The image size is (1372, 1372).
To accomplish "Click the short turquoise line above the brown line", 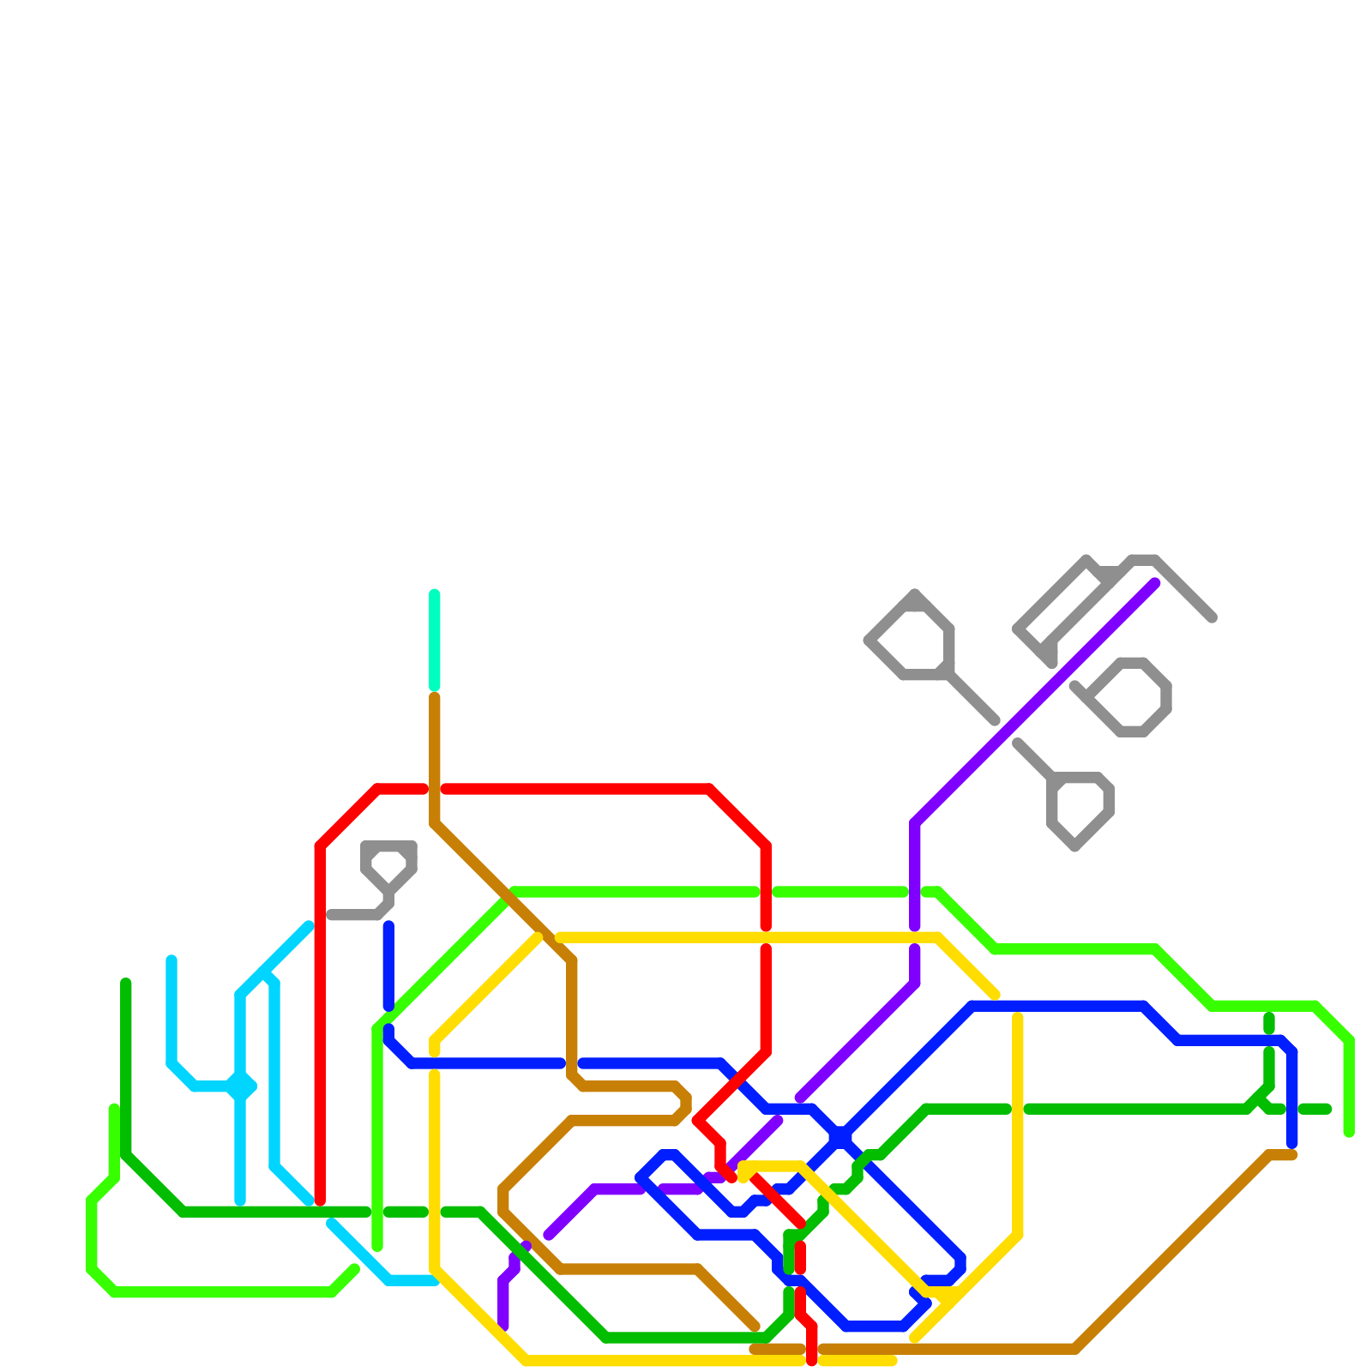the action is click(435, 640).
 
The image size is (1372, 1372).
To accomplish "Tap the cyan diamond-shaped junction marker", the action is click(241, 1087).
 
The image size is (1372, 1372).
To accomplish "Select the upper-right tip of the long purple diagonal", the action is click(1155, 584).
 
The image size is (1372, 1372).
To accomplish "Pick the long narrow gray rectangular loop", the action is click(1063, 605).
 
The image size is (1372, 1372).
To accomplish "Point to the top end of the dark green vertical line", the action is click(126, 983).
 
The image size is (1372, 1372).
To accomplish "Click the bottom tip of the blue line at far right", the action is click(1292, 1144).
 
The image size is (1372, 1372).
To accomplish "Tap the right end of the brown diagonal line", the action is click(1292, 1155).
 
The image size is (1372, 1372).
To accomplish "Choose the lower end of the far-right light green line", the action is click(1349, 1133).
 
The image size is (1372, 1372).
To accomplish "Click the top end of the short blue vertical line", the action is click(388, 926).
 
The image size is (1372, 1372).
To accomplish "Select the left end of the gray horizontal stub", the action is click(332, 915).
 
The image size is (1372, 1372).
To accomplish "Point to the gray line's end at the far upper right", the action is click(1213, 617).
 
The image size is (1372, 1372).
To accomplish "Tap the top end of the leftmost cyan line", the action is click(171, 960).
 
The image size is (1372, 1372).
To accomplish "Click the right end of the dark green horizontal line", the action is click(1327, 1110).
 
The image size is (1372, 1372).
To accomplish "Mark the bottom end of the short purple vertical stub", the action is click(503, 1327).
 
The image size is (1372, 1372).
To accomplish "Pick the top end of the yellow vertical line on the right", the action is click(1018, 1018).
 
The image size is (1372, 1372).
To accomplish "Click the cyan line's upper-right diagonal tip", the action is click(309, 925).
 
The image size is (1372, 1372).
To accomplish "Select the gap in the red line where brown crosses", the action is click(435, 789).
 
